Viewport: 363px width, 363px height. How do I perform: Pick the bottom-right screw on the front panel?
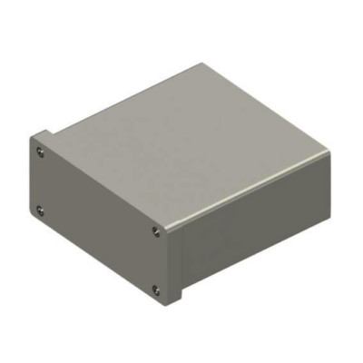pos(156,290)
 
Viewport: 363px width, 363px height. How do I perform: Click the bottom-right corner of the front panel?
pos(169,306)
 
